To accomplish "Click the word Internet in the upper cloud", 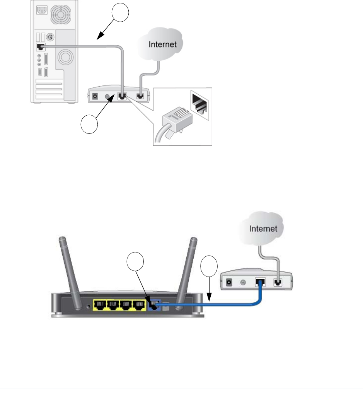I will (x=163, y=44).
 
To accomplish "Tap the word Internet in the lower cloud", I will (x=263, y=228).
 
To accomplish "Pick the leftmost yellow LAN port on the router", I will (x=100, y=306).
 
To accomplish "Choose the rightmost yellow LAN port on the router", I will (x=139, y=306).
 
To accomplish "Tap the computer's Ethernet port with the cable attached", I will (x=40, y=47).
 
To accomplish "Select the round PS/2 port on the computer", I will (x=49, y=38).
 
